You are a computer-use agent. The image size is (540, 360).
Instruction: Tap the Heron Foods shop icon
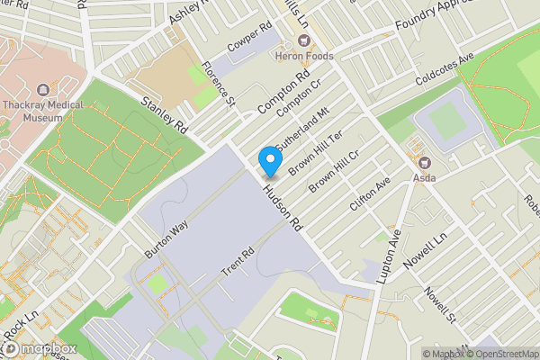[x=303, y=40]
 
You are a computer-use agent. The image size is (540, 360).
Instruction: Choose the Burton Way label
[x=166, y=239]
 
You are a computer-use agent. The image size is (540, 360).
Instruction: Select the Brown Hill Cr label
[x=335, y=171]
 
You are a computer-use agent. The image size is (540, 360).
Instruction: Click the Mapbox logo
[x=39, y=349]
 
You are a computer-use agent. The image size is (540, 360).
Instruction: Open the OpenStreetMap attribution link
[x=503, y=354]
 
